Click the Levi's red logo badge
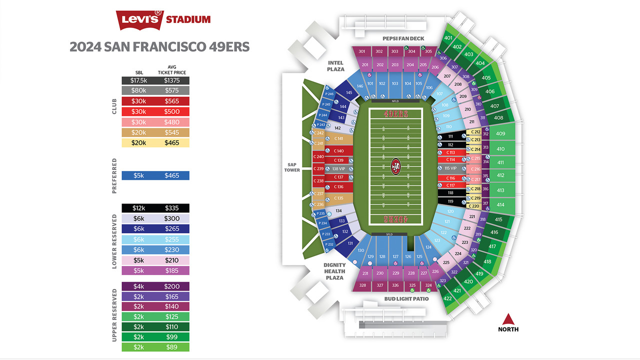click(x=140, y=20)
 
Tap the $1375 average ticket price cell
click(x=172, y=80)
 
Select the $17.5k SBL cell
click(x=138, y=80)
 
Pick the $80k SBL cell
click(x=138, y=90)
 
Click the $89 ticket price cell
click(x=172, y=347)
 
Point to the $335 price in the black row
click(x=172, y=208)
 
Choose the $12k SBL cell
click(x=138, y=208)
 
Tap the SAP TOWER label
click(x=292, y=167)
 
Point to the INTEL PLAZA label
click(x=335, y=66)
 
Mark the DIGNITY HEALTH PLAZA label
click(x=334, y=271)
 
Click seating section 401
click(x=448, y=38)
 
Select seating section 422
click(x=447, y=298)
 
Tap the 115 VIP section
click(x=450, y=168)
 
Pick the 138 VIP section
click(x=338, y=169)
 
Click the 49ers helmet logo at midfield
click(x=395, y=166)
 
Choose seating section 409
click(x=500, y=133)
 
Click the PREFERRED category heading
click(x=114, y=175)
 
